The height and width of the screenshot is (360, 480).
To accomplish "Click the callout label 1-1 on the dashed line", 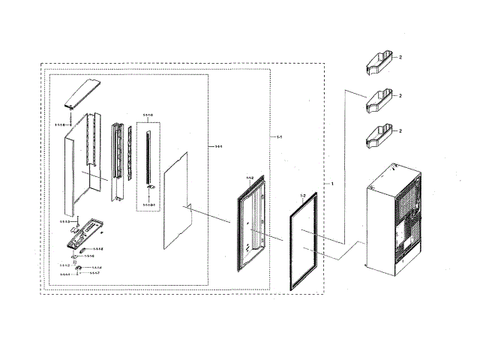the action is tap(277, 137).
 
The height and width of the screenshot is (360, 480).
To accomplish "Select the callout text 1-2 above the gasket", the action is tap(303, 196).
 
